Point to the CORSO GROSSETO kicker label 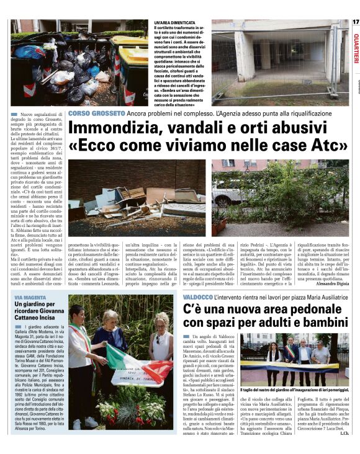pyautogui.click(x=96, y=113)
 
